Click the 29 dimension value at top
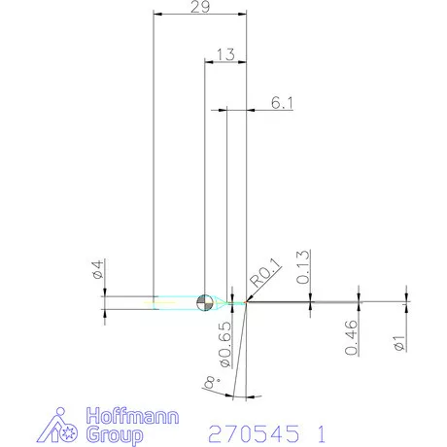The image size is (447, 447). (x=200, y=7)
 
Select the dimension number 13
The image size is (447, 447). (x=226, y=54)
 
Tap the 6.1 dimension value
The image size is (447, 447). (x=282, y=103)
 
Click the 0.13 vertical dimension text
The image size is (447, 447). (x=303, y=267)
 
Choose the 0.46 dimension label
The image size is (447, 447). (x=352, y=337)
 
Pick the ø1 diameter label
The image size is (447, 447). (x=399, y=343)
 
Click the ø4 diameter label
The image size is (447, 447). (x=97, y=269)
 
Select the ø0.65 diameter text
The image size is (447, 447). (x=225, y=344)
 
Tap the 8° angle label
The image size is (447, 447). (x=212, y=382)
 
